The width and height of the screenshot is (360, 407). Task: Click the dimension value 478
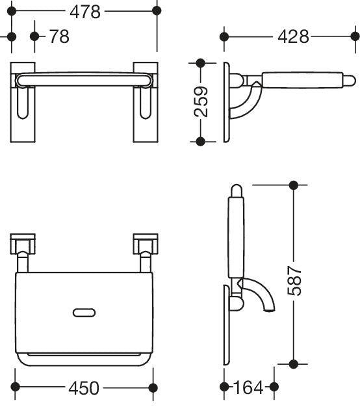85,12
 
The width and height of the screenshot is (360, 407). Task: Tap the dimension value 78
59,36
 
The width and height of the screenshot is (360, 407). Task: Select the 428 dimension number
293,36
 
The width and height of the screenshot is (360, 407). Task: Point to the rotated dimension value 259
201,101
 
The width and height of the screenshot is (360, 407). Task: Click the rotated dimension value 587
294,280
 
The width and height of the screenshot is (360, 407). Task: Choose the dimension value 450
84,387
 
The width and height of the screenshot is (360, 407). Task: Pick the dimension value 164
248,387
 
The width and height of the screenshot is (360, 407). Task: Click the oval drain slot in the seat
84,313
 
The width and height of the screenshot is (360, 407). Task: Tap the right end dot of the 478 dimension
157,11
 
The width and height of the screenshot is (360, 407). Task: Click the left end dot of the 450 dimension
16,387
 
